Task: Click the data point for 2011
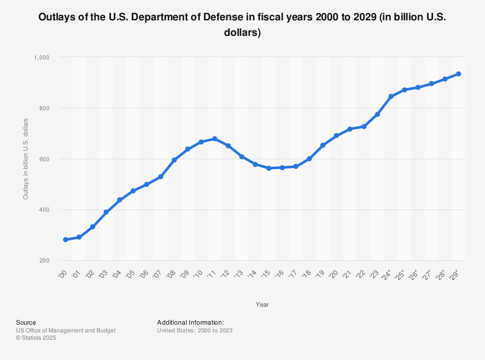[214, 139]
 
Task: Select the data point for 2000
[65, 240]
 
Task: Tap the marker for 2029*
[458, 74]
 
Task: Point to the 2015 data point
[269, 168]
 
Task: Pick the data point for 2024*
[391, 96]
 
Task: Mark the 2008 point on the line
[174, 160]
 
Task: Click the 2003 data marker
[106, 212]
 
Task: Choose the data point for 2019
[323, 145]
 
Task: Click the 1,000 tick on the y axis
[42, 57]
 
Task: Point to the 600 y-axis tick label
[45, 159]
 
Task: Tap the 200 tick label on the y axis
[45, 261]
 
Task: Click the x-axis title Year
[262, 305]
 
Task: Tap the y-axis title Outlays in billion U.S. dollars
[26, 159]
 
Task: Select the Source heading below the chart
[26, 322]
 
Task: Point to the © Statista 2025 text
[36, 338]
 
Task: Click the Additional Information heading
[190, 322]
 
